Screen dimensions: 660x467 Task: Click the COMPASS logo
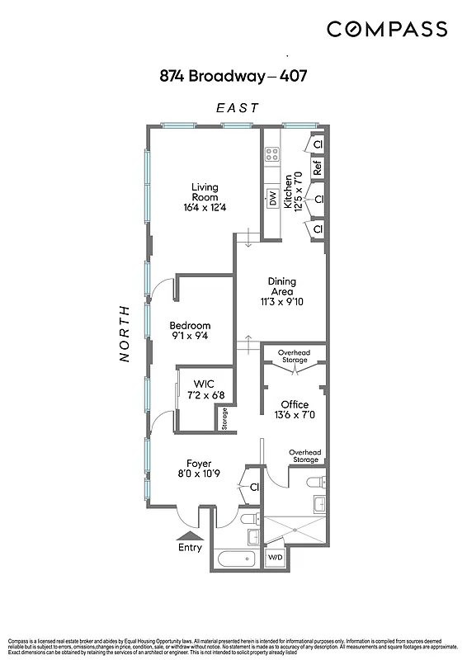(x=387, y=30)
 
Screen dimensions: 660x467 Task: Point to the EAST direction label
(x=238, y=107)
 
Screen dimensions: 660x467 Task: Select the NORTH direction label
(x=125, y=333)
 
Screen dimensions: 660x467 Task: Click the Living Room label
(x=205, y=196)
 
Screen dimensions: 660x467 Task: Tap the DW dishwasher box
(x=271, y=198)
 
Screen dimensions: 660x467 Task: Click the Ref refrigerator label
(x=316, y=168)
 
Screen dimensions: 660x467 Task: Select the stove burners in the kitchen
(x=271, y=154)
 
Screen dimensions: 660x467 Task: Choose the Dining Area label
(x=281, y=291)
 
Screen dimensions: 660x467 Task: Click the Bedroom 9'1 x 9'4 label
(x=190, y=330)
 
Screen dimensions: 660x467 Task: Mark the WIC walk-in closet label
(x=204, y=389)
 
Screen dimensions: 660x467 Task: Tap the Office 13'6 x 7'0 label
(x=294, y=409)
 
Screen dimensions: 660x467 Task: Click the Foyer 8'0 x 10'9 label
(x=198, y=469)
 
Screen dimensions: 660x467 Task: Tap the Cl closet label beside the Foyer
(x=254, y=487)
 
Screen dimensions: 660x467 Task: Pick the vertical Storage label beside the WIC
(x=224, y=419)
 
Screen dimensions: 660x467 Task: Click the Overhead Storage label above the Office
(x=294, y=356)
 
